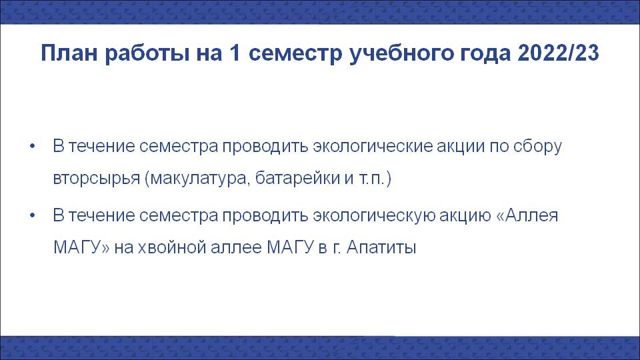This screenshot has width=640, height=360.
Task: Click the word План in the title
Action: point(69,53)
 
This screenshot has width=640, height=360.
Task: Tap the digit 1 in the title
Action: point(235,53)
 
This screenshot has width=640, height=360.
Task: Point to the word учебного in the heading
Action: point(401,53)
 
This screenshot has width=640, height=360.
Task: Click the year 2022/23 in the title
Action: point(558,53)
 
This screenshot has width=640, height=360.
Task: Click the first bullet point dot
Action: point(33,146)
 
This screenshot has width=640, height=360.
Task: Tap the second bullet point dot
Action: point(33,215)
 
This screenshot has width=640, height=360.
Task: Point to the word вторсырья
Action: point(96,179)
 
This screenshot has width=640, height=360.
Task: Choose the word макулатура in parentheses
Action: point(198,179)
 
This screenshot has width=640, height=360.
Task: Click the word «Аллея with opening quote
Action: point(527,215)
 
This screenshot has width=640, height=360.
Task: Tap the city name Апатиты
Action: point(381,247)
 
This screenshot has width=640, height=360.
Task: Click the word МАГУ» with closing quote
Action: point(81,247)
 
